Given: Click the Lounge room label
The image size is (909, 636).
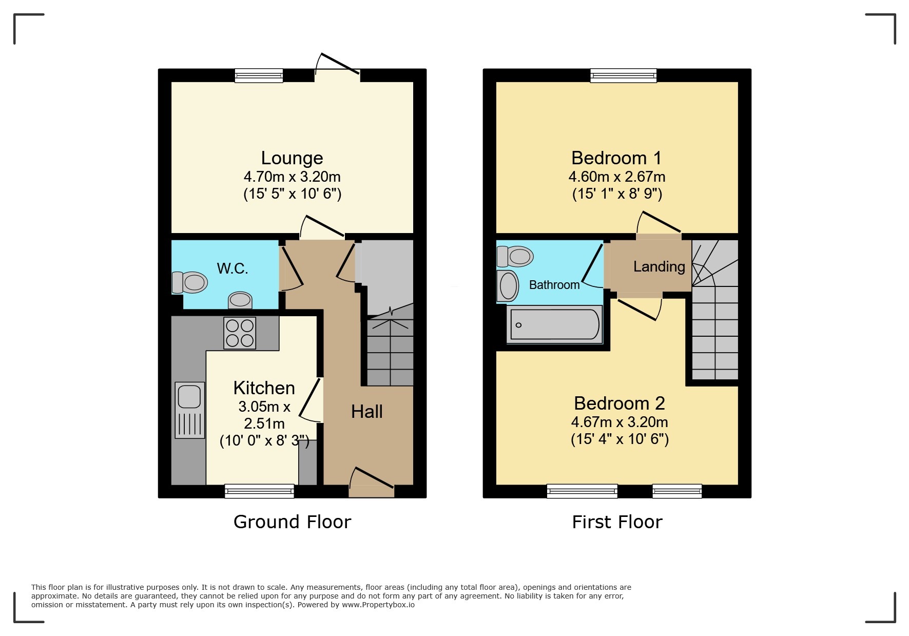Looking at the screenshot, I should tap(292, 158).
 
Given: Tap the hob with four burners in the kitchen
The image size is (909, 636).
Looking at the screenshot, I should tap(240, 333).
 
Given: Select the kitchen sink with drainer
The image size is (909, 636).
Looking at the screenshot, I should tap(189, 410).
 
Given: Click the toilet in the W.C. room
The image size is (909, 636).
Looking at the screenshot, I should tap(190, 282).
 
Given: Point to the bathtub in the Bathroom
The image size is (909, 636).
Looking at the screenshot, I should tap(554, 325).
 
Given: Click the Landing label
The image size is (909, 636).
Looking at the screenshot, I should tap(659, 266).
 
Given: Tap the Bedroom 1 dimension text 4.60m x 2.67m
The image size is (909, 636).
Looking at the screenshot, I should tap(616, 177).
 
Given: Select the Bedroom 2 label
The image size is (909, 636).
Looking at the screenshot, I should tap(619, 403).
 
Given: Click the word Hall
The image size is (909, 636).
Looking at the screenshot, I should tap(366, 412).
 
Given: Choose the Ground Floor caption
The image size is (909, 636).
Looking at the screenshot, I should tap(292, 522).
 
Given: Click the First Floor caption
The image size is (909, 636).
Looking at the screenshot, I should tap(617, 522).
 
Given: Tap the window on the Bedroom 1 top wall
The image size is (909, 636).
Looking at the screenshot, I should tap(623, 76).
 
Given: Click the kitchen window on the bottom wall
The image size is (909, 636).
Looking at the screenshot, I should tap(260, 491).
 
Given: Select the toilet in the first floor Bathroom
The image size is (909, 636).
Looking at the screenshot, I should tap(515, 256).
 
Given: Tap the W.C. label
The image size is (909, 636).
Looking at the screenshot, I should tap(233, 268).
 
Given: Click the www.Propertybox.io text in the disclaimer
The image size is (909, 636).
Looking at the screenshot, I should tap(378, 605).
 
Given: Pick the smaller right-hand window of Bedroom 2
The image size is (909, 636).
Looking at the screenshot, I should tap(676, 491).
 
